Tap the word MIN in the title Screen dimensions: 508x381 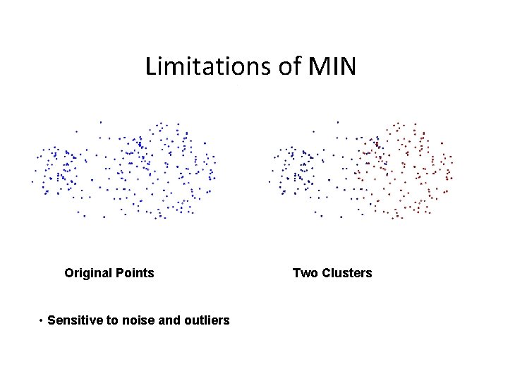(x=332, y=67)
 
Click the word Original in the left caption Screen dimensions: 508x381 (x=88, y=273)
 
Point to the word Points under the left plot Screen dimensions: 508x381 (x=135, y=273)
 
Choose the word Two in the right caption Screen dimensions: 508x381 (x=305, y=273)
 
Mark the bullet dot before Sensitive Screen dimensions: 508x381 (x=42, y=321)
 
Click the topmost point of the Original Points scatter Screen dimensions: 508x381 (x=100, y=122)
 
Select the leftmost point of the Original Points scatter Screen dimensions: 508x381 (x=32, y=182)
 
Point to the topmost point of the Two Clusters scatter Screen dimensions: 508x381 (x=337, y=122)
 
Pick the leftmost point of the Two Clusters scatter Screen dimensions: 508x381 (x=269, y=182)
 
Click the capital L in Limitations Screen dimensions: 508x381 (x=150, y=67)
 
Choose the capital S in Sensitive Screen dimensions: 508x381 (x=52, y=320)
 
